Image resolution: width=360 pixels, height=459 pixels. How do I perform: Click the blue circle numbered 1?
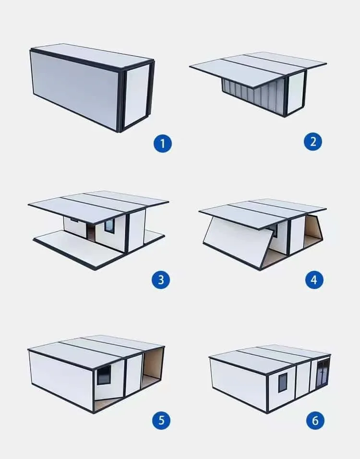[x=163, y=143]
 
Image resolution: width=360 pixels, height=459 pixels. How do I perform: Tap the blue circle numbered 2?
[x=313, y=142]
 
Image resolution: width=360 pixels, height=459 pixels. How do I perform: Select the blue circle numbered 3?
[x=161, y=280]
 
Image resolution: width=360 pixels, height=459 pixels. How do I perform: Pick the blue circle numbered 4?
[x=314, y=280]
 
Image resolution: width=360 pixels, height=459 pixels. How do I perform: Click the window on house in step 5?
[x=104, y=375]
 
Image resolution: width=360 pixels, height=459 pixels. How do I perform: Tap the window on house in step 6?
[x=283, y=382]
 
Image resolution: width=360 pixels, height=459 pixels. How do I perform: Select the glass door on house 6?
[x=322, y=373]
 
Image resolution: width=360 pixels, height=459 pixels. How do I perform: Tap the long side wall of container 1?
[x=74, y=86]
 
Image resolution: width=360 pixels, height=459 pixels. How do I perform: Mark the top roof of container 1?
[x=91, y=54]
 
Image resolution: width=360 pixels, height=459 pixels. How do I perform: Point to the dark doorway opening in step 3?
[x=91, y=233]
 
